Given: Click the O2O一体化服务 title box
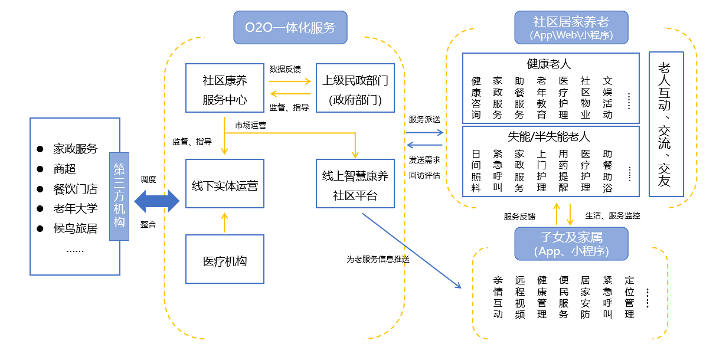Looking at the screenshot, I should coord(290,27).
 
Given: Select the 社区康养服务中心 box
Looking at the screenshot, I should coord(224,88).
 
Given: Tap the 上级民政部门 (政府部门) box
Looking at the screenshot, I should coord(355,88).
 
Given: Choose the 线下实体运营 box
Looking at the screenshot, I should coord(224,184).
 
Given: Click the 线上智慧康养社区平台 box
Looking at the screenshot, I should coord(355,184).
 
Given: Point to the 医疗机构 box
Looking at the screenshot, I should coord(224,259).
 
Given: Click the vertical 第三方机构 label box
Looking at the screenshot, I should coord(119,197).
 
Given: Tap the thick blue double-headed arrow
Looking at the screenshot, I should coord(157,202).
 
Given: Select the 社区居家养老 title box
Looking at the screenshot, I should coord(571,27).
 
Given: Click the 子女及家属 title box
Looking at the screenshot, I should coord(571,243).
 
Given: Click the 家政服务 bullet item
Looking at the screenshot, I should coord(75,149).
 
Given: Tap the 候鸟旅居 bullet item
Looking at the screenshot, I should coord(75,228).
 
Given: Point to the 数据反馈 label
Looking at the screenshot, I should coord(284,69).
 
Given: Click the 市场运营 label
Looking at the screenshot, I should coord(250,125).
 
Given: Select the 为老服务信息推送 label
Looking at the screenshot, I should coord(378,258).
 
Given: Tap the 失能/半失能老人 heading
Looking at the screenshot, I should coord(549,136).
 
